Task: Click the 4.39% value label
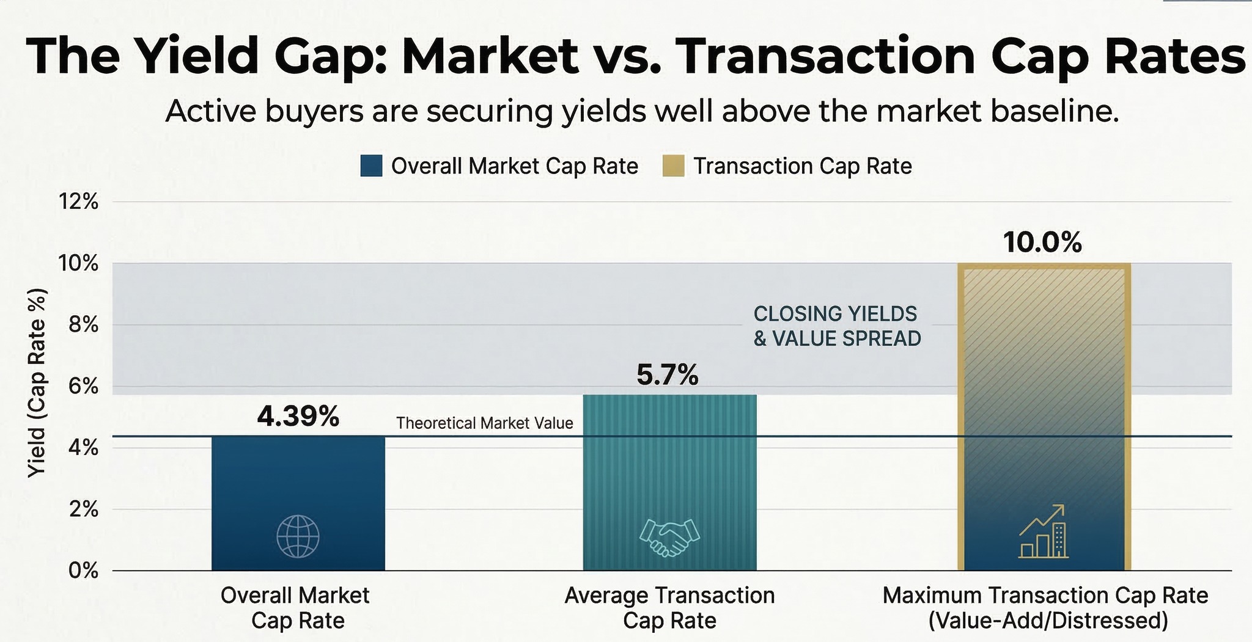click(x=298, y=417)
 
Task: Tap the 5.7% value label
click(x=667, y=374)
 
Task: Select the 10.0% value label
click(x=1042, y=243)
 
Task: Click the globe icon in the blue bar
click(x=298, y=536)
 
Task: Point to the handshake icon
click(x=669, y=537)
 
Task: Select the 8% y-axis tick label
click(x=83, y=324)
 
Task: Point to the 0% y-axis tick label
click(x=83, y=571)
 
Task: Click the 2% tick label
click(x=83, y=509)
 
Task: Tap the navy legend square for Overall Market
click(x=371, y=166)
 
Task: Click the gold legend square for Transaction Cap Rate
click(x=673, y=166)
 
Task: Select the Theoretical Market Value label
click(x=485, y=423)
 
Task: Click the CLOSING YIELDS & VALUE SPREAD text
click(x=837, y=326)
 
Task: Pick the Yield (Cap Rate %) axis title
click(x=37, y=382)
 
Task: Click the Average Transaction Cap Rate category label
click(x=669, y=608)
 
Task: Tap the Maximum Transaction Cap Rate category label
click(x=1045, y=608)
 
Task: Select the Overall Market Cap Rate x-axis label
click(x=295, y=608)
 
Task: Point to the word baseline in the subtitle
click(x=1055, y=112)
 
